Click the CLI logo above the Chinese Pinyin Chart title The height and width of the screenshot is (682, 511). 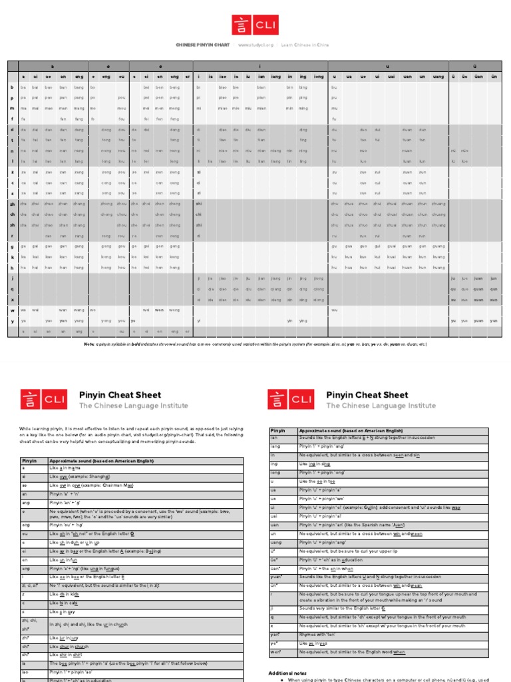pyautogui.click(x=255, y=25)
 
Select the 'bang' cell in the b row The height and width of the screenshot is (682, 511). pyautogui.click(x=79, y=87)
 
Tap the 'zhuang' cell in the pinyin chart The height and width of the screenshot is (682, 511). pyautogui.click(x=438, y=204)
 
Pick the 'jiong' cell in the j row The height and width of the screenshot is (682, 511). pyautogui.click(x=319, y=278)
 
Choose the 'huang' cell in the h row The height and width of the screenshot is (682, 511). pyautogui.click(x=438, y=267)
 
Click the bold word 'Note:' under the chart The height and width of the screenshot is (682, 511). pyautogui.click(x=89, y=344)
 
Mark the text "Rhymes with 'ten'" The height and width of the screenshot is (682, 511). pyautogui.click(x=316, y=635)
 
